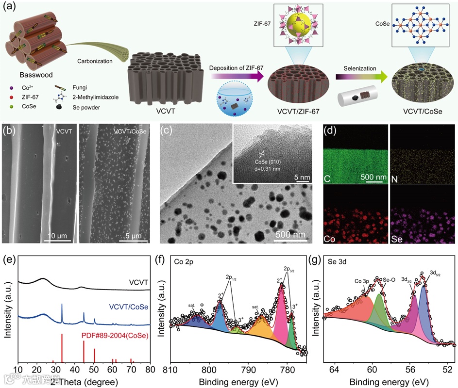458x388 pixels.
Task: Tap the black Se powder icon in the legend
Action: click(x=72, y=107)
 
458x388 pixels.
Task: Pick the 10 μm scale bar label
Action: click(x=58, y=236)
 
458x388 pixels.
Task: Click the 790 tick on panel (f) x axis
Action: click(x=248, y=369)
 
